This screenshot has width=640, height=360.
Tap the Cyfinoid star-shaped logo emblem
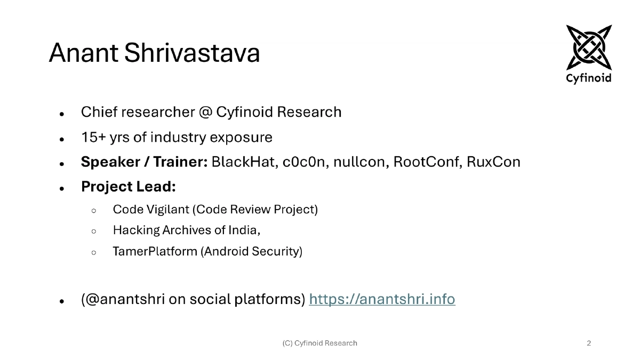coord(589,47)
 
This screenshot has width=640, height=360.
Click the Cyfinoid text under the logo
coord(589,78)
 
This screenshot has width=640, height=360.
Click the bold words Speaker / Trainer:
coord(144,162)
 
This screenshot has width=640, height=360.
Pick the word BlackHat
coord(243,162)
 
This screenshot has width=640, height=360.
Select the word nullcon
coord(361,162)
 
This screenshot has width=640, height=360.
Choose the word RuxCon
coord(493,162)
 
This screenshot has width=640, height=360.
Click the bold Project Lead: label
coord(129,187)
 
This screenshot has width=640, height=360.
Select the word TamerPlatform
coord(155,251)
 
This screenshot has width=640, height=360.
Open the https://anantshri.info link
coord(382,300)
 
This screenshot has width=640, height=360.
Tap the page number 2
coord(589,343)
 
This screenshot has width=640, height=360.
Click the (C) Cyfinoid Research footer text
coord(319,343)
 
